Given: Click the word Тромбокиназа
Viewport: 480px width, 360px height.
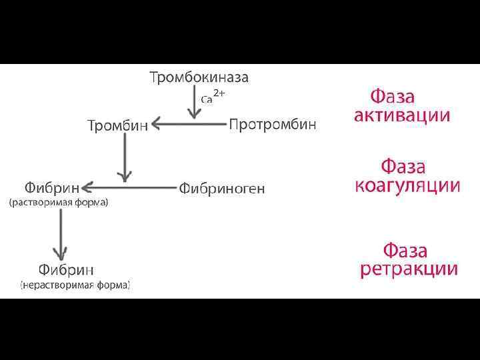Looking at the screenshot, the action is point(199,78).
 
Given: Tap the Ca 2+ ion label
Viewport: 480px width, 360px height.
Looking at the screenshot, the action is point(213,97).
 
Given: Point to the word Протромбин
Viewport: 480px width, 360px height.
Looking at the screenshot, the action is point(273,125).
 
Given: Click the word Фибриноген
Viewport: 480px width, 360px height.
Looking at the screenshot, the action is point(221,189).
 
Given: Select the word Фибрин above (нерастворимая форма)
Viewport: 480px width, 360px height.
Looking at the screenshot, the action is point(65,270).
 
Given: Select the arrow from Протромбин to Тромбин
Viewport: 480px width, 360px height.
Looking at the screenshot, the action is point(189,123).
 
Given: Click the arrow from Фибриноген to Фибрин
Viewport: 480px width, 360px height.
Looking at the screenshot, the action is point(130,187).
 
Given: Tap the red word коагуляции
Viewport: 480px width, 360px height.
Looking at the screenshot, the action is point(407,185).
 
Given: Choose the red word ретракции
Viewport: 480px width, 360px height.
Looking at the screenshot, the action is point(409,269).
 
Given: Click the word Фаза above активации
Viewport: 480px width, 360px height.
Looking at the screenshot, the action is point(393,96).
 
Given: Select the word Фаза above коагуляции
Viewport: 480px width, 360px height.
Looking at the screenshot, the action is point(403,166).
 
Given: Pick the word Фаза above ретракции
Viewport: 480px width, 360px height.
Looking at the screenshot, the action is point(405,251).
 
